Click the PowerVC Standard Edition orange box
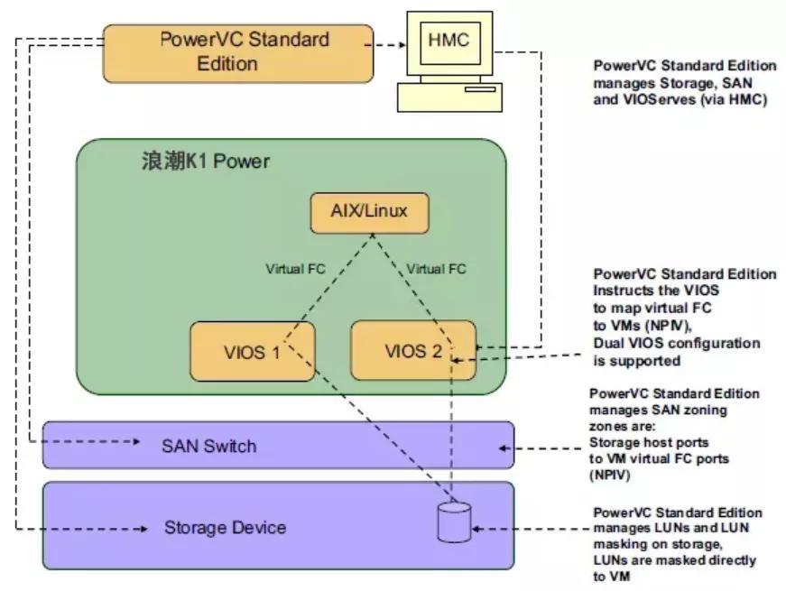pos(238,51)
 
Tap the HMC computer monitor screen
pos(448,40)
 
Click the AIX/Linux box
pos(368,212)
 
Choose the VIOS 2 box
pos(414,349)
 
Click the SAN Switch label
pos(208,446)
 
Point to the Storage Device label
pos(225,527)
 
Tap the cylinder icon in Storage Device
pos(454,522)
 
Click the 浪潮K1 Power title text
pos(205,162)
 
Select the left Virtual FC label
pos(295,269)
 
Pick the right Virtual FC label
pos(436,269)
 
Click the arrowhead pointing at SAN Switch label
pos(136,442)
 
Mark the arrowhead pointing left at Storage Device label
pos(145,527)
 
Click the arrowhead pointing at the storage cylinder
pos(478,527)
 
